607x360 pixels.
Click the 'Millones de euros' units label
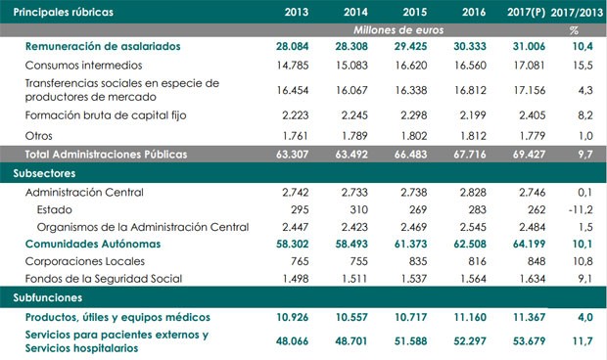[402, 31]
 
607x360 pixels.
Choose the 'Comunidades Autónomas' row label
[92, 242]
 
